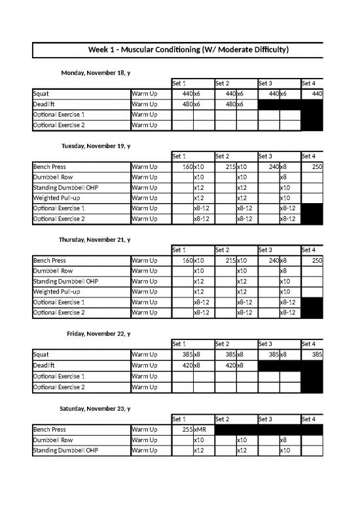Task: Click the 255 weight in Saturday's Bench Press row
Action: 185,430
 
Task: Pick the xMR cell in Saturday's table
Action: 200,430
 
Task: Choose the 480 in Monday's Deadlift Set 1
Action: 185,104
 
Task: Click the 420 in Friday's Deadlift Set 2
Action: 228,366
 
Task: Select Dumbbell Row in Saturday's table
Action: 53,440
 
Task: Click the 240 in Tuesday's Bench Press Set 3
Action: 270,167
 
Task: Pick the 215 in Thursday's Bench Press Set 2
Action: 228,261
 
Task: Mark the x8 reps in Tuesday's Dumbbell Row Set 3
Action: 283,178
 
